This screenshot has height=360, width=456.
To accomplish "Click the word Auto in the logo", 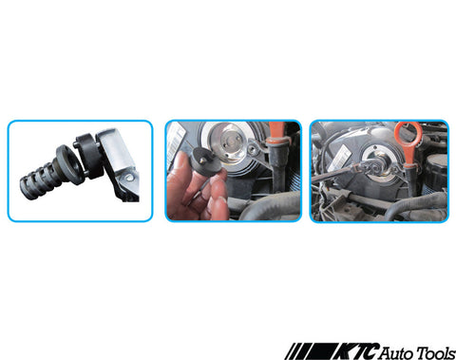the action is (395, 352).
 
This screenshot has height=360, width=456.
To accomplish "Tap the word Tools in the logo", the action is (436, 352).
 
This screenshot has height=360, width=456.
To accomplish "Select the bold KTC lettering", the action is (355, 351).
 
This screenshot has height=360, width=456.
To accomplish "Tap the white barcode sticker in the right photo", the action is (339, 158).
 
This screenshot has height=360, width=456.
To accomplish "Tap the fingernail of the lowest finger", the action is (222, 199).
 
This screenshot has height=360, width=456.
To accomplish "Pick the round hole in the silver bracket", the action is (129, 178).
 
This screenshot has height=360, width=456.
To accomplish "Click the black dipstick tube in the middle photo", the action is (278, 164).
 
